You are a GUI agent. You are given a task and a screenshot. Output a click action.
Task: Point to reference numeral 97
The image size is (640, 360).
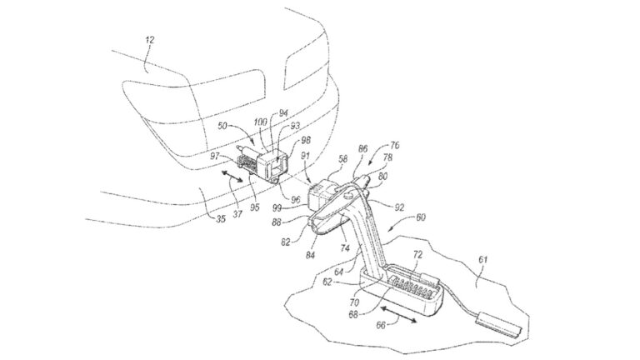(215, 157)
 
